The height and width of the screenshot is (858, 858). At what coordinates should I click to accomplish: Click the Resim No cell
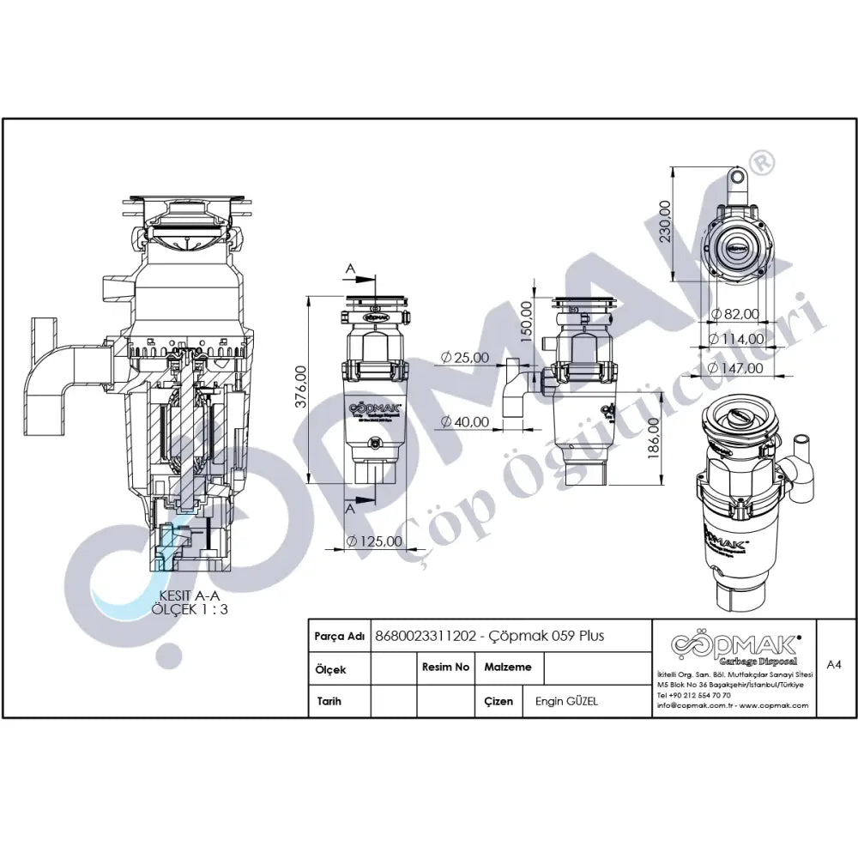point(445,667)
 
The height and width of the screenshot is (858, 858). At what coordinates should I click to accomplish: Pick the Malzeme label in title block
point(508,667)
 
